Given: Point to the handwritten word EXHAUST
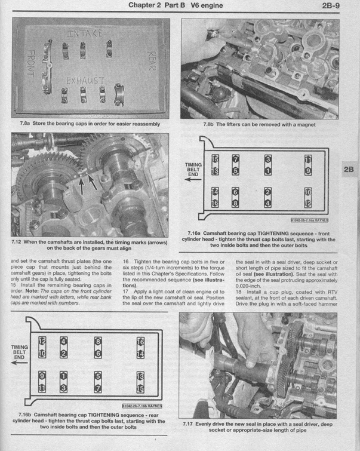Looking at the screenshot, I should coord(85,80).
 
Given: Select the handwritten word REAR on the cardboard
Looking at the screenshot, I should coord(150,60).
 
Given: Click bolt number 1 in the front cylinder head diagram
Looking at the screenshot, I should coord(269,170).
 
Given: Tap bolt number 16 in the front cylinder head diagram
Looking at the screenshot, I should coord(216,204).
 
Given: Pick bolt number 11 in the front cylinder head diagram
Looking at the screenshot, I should coord(308,159).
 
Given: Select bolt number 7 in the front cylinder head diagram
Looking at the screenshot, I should coord(236,159).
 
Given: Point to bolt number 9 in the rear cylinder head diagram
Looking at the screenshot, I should coord(42,376).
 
